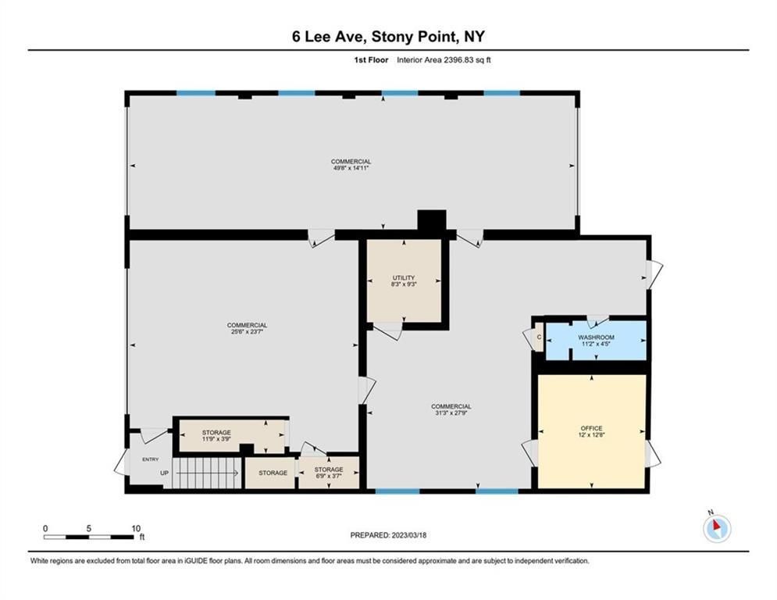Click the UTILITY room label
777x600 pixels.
pos(404,277)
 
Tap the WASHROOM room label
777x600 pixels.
pos(596,337)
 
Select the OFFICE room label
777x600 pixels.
pos(592,428)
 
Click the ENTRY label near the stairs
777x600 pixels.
pos(151,459)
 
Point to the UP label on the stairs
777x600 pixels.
pos(165,473)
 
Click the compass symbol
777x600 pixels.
pos(717,528)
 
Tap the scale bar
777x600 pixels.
pos(88,537)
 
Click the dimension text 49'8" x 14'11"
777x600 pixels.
pos(351,168)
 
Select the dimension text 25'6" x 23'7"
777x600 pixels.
pos(248,332)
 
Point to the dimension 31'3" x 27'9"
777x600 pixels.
pos(451,413)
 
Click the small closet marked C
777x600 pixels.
pos(539,337)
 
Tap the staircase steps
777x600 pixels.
pos(205,473)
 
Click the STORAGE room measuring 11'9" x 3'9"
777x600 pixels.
pos(231,436)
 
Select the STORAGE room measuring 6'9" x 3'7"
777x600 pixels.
pos(329,473)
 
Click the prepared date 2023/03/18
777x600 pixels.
pos(408,535)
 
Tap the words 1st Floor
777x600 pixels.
pos(371,60)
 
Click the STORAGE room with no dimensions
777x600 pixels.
pos(272,473)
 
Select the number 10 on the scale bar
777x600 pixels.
pos(136,529)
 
